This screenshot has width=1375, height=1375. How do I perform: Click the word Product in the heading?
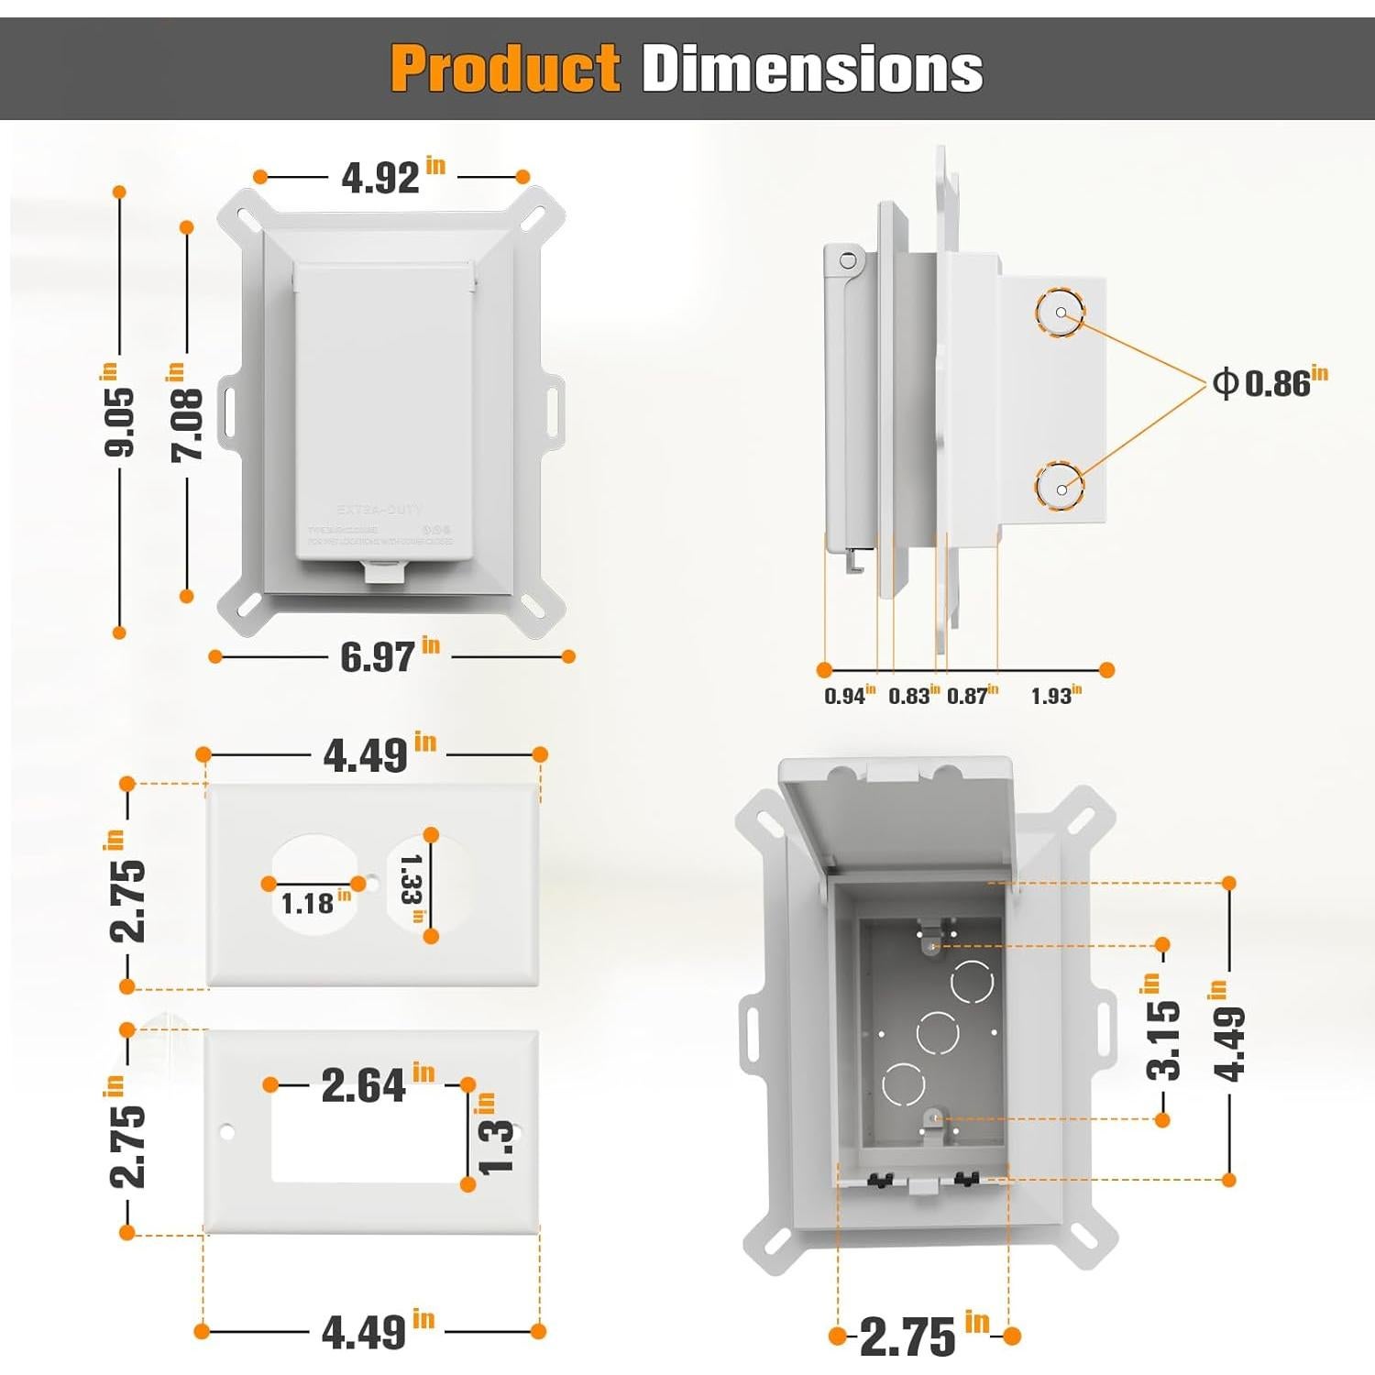(x=505, y=69)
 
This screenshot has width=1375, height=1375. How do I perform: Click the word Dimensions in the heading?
(x=812, y=69)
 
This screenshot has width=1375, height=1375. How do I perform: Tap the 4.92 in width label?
(x=392, y=176)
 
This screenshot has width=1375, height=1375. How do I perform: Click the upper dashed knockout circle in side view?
(x=1061, y=313)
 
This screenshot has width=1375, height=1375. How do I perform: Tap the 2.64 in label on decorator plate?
(x=377, y=1084)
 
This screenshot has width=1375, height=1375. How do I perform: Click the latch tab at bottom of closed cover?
(x=386, y=572)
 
